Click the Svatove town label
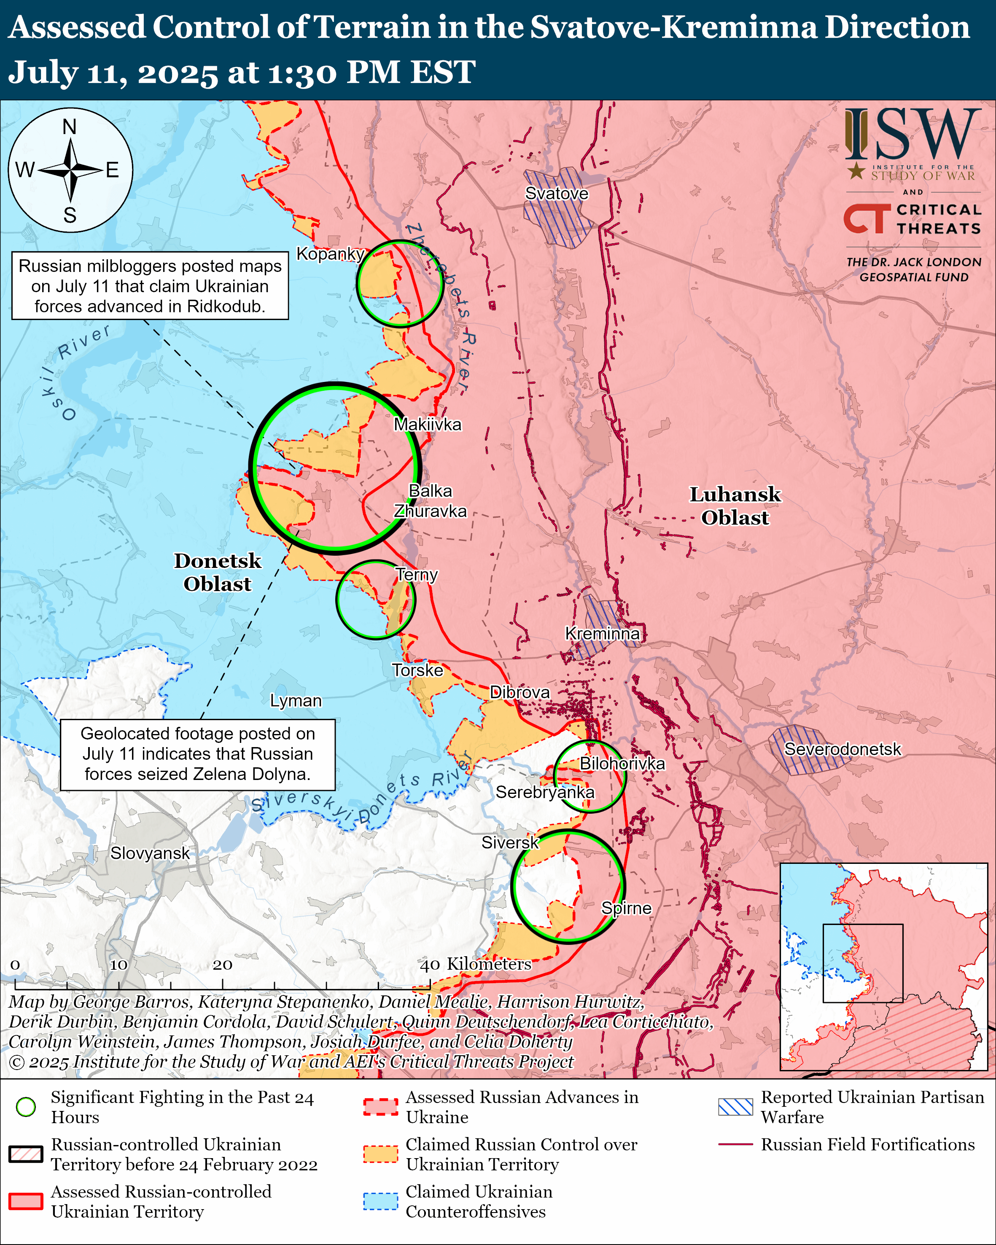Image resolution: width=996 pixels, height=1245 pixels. pyautogui.click(x=556, y=194)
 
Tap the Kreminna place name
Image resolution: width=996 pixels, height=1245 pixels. pyautogui.click(x=602, y=634)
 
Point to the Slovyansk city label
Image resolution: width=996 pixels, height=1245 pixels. pyautogui.click(x=150, y=853)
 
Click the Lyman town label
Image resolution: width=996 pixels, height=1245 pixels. pyautogui.click(x=296, y=700)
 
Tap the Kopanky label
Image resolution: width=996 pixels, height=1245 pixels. pyautogui.click(x=330, y=253)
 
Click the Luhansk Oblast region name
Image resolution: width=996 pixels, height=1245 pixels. pyautogui.click(x=735, y=506)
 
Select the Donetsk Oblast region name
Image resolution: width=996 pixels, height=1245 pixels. pyautogui.click(x=218, y=572)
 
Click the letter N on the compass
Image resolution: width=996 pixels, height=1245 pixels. pyautogui.click(x=69, y=126)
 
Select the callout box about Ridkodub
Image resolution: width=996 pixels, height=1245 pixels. pyautogui.click(x=150, y=286)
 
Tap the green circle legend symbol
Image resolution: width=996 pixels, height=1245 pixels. pyautogui.click(x=26, y=1107)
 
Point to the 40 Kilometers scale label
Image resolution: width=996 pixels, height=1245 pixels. pyautogui.click(x=475, y=964)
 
